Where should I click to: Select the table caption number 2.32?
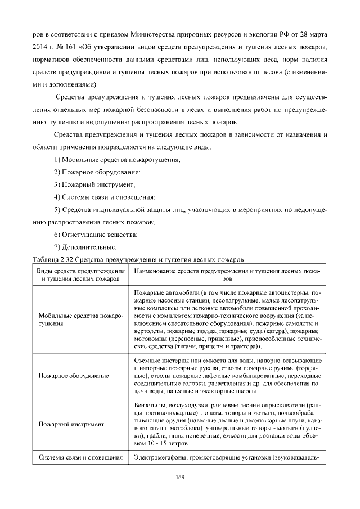(63, 260)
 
